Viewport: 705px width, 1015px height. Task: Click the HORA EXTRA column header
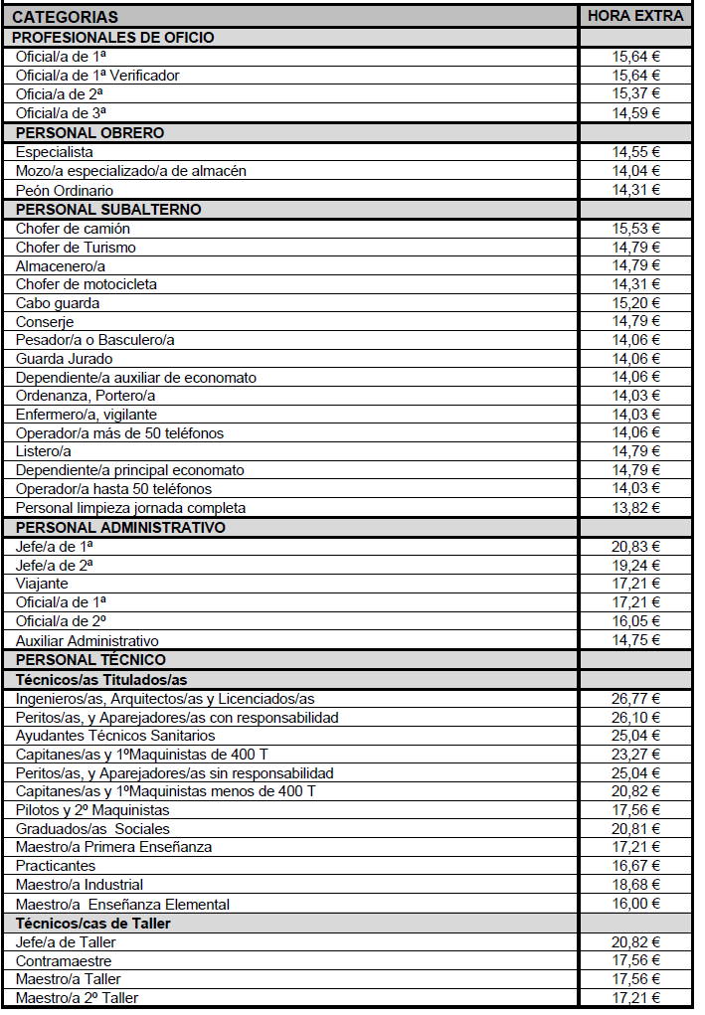[635, 16]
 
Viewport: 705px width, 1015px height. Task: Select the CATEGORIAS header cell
[65, 17]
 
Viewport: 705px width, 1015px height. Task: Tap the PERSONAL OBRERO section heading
[90, 132]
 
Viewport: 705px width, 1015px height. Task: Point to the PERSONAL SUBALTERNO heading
[108, 209]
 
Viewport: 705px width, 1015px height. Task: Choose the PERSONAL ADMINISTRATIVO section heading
[120, 527]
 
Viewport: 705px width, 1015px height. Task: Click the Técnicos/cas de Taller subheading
[93, 923]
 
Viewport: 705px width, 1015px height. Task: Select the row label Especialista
[55, 152]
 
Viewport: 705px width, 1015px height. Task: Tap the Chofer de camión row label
[73, 229]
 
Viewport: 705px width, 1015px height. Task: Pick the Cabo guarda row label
[58, 303]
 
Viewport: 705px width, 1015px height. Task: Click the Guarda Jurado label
[64, 359]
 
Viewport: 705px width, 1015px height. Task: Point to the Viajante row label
[44, 584]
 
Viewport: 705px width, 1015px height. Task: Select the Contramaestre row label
[64, 961]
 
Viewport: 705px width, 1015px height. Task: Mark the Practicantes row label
[56, 866]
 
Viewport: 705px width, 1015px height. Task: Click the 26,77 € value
[635, 699]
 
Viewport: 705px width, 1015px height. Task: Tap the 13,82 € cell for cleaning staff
[635, 508]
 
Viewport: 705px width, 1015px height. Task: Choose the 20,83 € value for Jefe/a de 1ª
[635, 546]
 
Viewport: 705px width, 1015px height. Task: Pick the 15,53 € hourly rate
[635, 229]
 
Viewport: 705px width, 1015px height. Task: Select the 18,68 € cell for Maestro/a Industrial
[635, 885]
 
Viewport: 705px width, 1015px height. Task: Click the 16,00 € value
[635, 904]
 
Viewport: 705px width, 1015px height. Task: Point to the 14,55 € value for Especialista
[635, 152]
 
